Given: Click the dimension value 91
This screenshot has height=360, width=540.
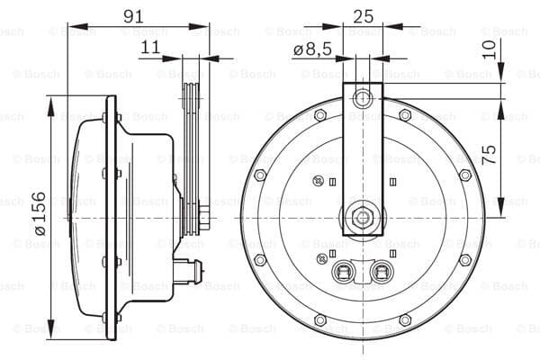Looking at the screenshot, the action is pyautogui.click(x=133, y=16).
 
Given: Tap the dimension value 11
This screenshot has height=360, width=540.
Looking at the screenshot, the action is pyautogui.click(x=150, y=47).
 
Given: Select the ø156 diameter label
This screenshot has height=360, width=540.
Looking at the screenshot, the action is pyautogui.click(x=40, y=213).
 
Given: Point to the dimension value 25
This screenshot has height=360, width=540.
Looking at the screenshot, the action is pyautogui.click(x=363, y=16).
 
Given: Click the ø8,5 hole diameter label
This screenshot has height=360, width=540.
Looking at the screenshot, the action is pyautogui.click(x=312, y=49).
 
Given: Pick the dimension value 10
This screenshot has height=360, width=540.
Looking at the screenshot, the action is pyautogui.click(x=489, y=49).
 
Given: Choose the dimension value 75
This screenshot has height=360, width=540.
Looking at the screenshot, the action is pyautogui.click(x=489, y=154).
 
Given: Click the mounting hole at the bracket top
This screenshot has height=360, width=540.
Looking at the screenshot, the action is pyautogui.click(x=363, y=98).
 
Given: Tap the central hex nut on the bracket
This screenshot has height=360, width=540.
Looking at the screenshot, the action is pyautogui.click(x=363, y=218).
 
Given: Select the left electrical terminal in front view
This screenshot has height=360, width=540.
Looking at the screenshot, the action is pyautogui.click(x=343, y=271).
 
